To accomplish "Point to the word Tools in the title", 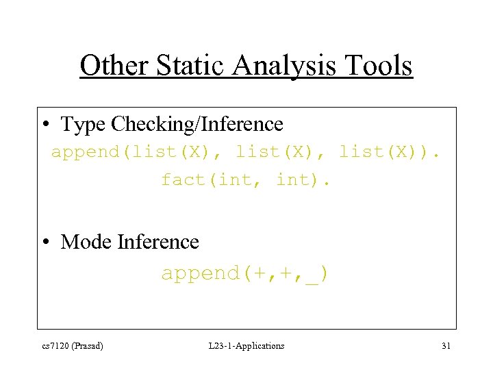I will (x=380, y=66).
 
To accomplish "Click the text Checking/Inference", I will (x=197, y=125).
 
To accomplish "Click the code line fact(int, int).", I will (x=246, y=180).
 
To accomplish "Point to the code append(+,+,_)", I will (x=245, y=273).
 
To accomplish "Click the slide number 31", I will (x=446, y=346).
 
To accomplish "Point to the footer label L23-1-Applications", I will (x=246, y=346).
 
